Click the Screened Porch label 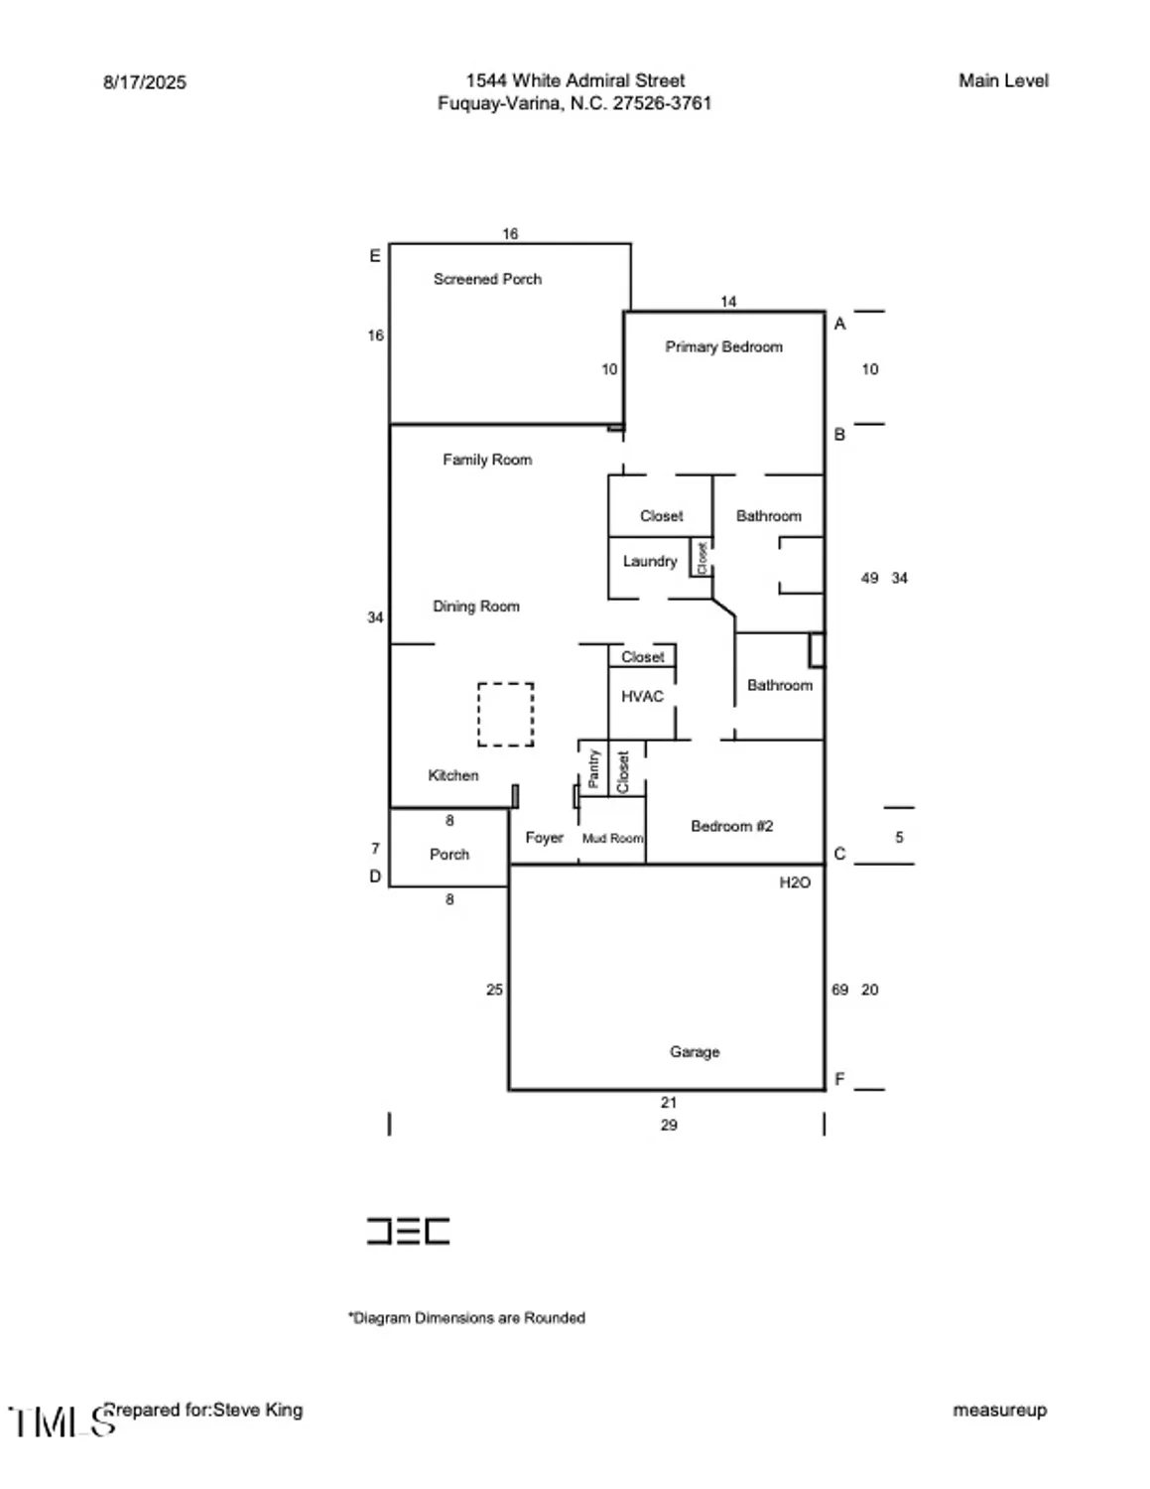point(487,279)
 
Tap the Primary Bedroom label point(723,346)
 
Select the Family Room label point(486,460)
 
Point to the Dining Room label point(475,607)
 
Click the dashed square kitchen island point(506,714)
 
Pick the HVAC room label point(642,697)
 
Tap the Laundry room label point(649,561)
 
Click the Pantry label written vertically point(593,768)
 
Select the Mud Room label point(612,838)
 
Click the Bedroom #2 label point(731,826)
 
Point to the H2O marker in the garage point(795,882)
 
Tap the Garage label point(695,1051)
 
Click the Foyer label point(544,838)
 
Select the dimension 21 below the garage point(669,1102)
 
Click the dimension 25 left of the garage point(494,990)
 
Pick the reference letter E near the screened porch point(375,256)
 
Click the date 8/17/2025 point(145,82)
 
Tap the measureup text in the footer point(999,1410)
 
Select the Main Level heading point(1003,81)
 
